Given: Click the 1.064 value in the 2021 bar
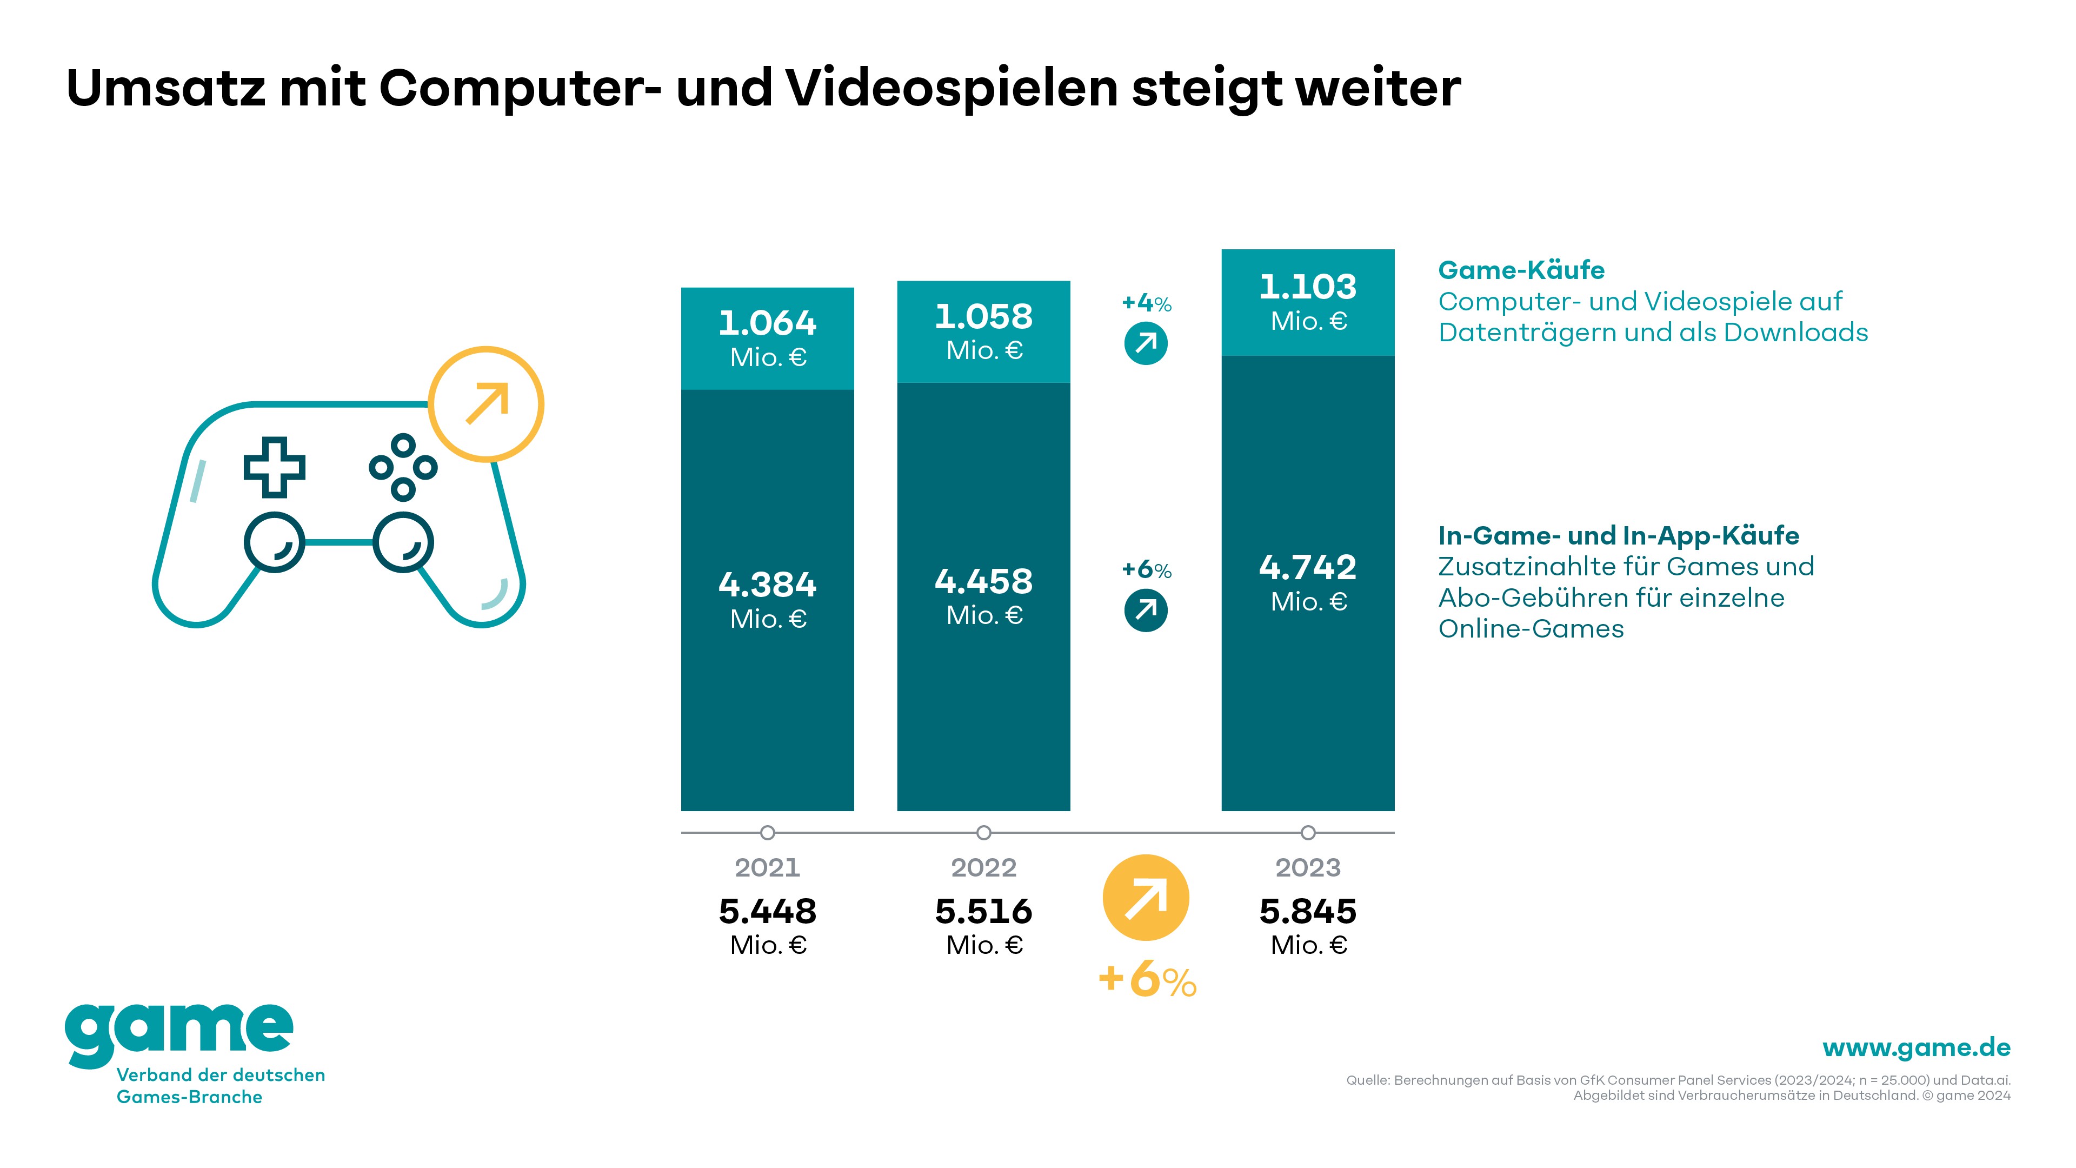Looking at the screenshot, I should (767, 324).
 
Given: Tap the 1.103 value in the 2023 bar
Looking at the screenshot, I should (1307, 288).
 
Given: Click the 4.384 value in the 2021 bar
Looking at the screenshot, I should (767, 585).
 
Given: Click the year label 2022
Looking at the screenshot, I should (983, 868).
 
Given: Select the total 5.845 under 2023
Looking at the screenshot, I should (1307, 912).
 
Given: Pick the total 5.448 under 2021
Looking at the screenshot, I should (767, 912).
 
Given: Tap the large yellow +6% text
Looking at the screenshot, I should (1147, 980).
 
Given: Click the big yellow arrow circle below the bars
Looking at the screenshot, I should (1145, 897).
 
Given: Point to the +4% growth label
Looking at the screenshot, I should (1146, 304).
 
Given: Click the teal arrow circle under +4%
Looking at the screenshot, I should (1145, 343).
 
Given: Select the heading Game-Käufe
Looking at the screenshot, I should (1521, 270).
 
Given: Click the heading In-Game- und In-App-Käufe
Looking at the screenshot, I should (1618, 536).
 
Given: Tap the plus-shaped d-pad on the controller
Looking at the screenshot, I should (274, 468).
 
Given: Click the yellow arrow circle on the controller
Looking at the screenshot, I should (486, 404).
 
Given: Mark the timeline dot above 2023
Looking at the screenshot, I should (1308, 833).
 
